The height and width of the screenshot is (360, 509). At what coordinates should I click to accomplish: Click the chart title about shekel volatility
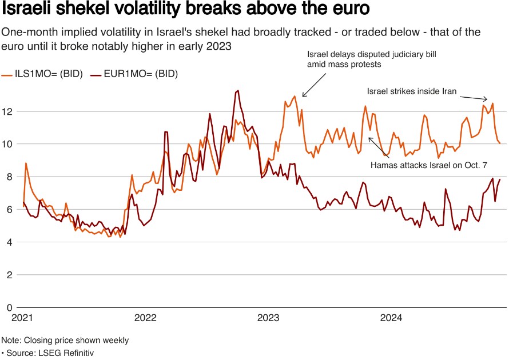click(185, 10)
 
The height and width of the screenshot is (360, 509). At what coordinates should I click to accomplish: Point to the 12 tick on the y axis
click(7, 111)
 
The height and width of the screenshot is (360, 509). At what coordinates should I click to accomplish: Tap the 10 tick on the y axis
click(7, 144)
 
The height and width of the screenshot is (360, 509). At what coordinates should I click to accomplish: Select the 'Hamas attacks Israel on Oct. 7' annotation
click(429, 165)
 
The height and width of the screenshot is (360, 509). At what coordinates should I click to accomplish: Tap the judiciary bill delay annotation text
click(372, 59)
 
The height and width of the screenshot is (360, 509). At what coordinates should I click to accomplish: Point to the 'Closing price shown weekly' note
click(65, 340)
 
